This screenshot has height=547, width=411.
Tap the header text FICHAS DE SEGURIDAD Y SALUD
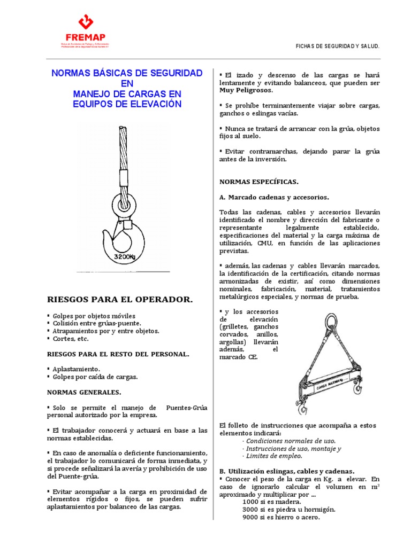[x=338, y=47]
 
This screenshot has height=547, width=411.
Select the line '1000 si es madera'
[x=271, y=502]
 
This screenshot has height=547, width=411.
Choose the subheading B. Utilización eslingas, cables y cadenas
[x=287, y=471]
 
